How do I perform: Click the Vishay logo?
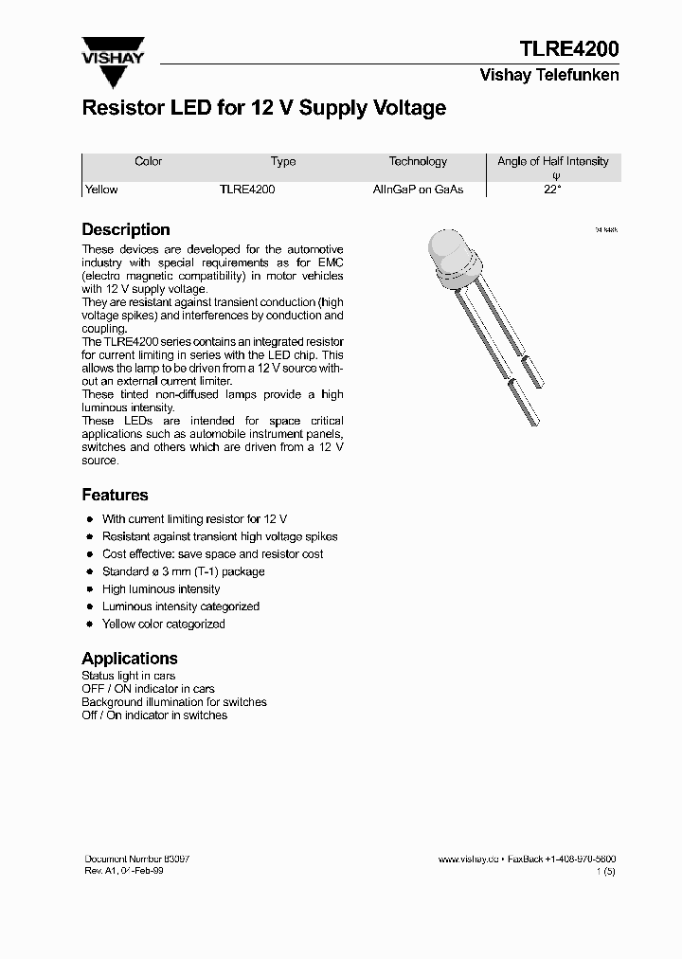[113, 49]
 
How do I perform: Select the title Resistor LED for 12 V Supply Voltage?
[263, 108]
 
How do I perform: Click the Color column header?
[149, 162]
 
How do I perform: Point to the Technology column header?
[418, 162]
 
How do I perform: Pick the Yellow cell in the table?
[101, 190]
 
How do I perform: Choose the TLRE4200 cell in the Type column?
[247, 190]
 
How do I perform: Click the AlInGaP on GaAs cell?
[418, 190]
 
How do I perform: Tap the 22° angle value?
[553, 190]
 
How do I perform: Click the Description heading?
[126, 229]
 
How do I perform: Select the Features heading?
[115, 495]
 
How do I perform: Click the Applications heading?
[130, 658]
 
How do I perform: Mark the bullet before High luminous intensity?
[89, 589]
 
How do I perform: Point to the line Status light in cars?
[129, 676]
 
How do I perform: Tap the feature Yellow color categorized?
[163, 624]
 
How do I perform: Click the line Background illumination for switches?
[174, 702]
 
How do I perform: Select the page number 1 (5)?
[606, 871]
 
